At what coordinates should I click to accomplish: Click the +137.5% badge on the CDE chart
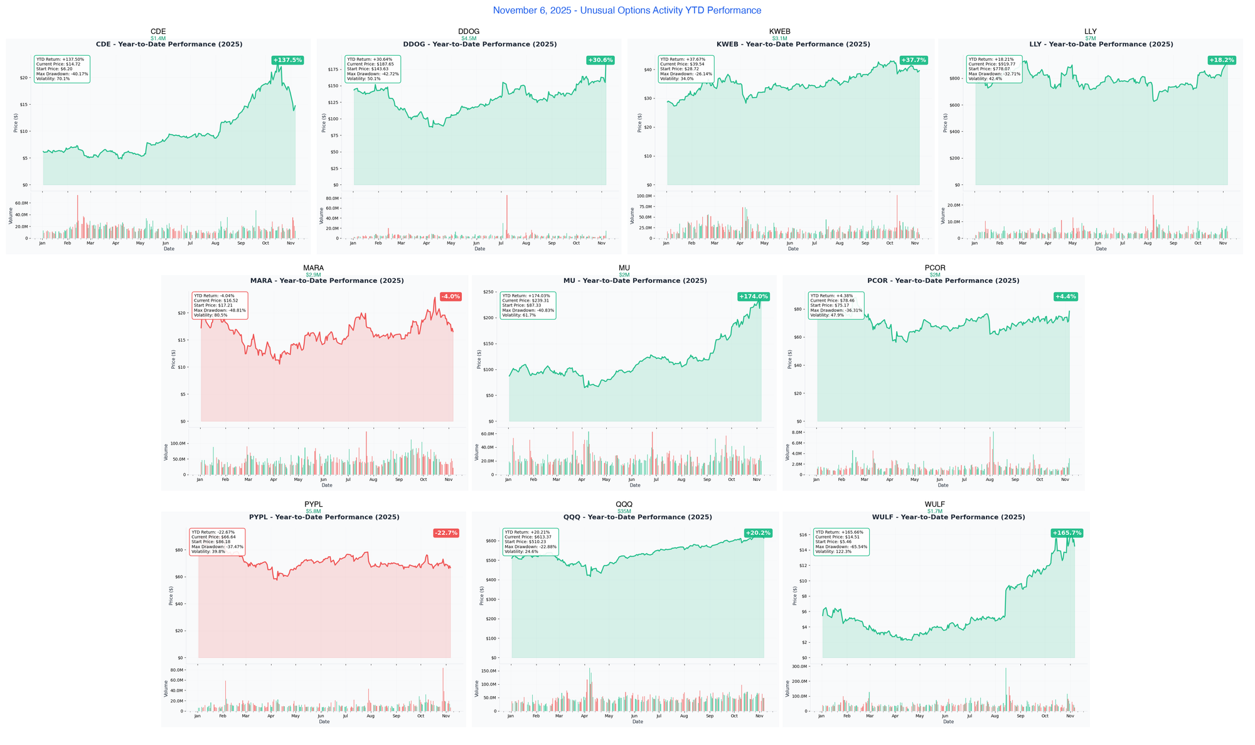coord(287,60)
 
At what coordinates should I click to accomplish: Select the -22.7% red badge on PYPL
coord(446,533)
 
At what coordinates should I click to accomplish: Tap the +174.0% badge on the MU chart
coord(753,297)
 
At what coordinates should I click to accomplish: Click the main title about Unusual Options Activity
coord(627,11)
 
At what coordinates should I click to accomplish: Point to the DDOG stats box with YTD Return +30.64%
coord(373,69)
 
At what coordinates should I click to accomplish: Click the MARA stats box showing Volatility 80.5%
coord(220,305)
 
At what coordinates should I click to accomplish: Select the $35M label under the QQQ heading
coord(624,512)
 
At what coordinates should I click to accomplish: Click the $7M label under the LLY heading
coord(1091,38)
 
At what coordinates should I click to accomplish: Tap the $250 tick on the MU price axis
coord(488,292)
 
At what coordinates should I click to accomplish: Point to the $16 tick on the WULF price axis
coord(803,535)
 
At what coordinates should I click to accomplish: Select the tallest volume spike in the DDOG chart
coord(506,216)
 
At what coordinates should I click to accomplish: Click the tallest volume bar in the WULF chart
coord(1005,689)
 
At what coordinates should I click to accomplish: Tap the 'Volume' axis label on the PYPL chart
coord(166,689)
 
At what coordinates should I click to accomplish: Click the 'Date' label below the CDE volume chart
coord(169,249)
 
